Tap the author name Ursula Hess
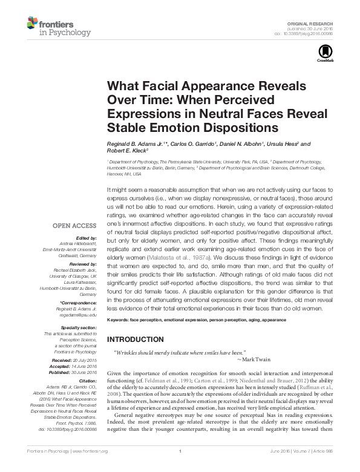click(286, 144)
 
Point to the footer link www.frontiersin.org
click(93, 467)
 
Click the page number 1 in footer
click(180, 467)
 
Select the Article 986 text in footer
click(327, 467)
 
